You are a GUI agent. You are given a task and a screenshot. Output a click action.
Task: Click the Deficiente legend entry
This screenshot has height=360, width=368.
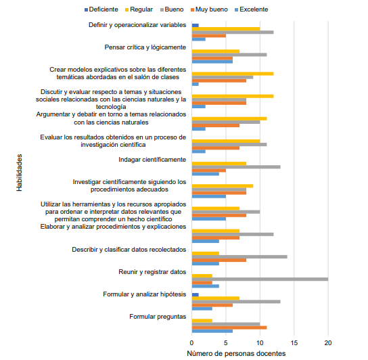(101, 9)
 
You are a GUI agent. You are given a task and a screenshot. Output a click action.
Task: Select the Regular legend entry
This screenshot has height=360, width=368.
(139, 9)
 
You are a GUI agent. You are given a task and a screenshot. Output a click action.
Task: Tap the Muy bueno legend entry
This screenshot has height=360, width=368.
(209, 9)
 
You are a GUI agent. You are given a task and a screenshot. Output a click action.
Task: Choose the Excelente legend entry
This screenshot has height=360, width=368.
(252, 9)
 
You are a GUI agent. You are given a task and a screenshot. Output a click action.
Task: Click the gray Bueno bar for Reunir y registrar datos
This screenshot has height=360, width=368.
(260, 279)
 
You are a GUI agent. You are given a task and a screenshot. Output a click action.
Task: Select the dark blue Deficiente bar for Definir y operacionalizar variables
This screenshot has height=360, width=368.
(195, 25)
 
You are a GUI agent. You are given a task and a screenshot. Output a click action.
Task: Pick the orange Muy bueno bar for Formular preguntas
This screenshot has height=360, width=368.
(229, 328)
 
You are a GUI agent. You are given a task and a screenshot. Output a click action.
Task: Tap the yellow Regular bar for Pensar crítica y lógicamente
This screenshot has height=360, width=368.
(216, 51)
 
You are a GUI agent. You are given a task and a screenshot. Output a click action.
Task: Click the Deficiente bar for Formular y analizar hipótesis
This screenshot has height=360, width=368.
(195, 295)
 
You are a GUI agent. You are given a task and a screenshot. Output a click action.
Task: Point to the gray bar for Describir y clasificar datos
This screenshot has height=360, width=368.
(239, 256)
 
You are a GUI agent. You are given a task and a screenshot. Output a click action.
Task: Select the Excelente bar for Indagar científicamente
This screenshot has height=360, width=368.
(206, 174)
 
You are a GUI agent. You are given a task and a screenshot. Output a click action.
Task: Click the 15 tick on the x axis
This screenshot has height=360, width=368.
(294, 343)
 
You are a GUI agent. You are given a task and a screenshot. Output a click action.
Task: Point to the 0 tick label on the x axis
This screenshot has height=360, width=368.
(191, 343)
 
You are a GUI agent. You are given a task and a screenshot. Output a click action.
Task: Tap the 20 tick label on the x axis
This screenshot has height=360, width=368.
(328, 343)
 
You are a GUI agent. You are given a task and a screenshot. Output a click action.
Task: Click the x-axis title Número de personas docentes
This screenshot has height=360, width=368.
(236, 353)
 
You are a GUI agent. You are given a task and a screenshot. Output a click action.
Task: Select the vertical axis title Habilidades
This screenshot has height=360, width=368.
(19, 173)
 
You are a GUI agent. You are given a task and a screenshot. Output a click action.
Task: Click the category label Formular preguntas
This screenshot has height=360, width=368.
(158, 317)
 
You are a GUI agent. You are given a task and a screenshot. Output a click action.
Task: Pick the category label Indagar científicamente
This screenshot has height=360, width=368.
(152, 160)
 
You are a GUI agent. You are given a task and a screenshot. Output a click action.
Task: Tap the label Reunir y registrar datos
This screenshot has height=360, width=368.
(152, 272)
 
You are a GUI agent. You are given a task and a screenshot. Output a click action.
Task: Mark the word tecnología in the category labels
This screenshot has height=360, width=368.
(111, 107)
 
